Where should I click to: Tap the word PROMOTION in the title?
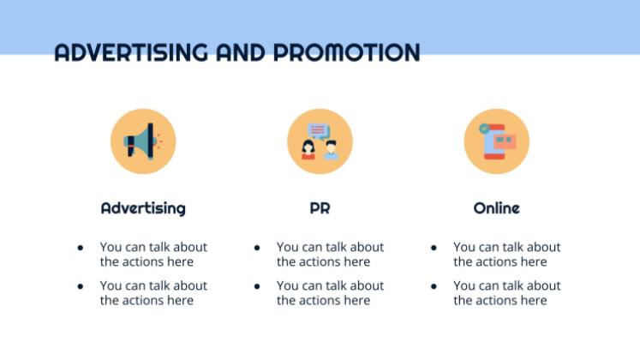(x=346, y=52)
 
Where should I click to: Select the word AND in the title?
(x=241, y=52)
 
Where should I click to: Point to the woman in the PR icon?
(x=308, y=150)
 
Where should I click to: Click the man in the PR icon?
(x=331, y=150)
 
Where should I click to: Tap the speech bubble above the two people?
(x=319, y=131)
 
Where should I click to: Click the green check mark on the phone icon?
(x=484, y=129)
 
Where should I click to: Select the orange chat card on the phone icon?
(x=505, y=141)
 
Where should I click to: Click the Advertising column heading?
(x=143, y=208)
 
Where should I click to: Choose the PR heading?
(x=320, y=208)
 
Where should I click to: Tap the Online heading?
(x=496, y=208)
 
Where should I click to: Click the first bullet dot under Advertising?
(x=81, y=248)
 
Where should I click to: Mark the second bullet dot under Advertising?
(x=81, y=286)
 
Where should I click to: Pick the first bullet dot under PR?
(x=257, y=248)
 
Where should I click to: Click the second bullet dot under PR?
(x=257, y=286)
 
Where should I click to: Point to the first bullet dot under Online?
(x=434, y=248)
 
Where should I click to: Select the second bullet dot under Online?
(x=434, y=286)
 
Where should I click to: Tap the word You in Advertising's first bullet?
(x=111, y=247)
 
